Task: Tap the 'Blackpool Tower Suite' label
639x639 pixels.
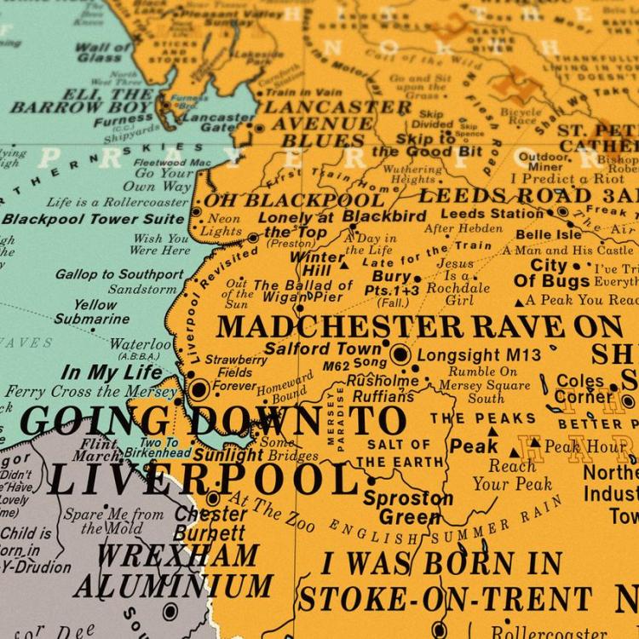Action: [93, 219]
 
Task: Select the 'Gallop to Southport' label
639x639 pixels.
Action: [119, 274]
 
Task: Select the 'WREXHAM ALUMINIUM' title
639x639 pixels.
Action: [175, 570]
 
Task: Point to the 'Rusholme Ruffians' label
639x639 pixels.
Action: [383, 389]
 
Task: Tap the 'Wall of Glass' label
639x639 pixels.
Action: [105, 51]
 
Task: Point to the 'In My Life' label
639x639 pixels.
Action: [112, 372]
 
